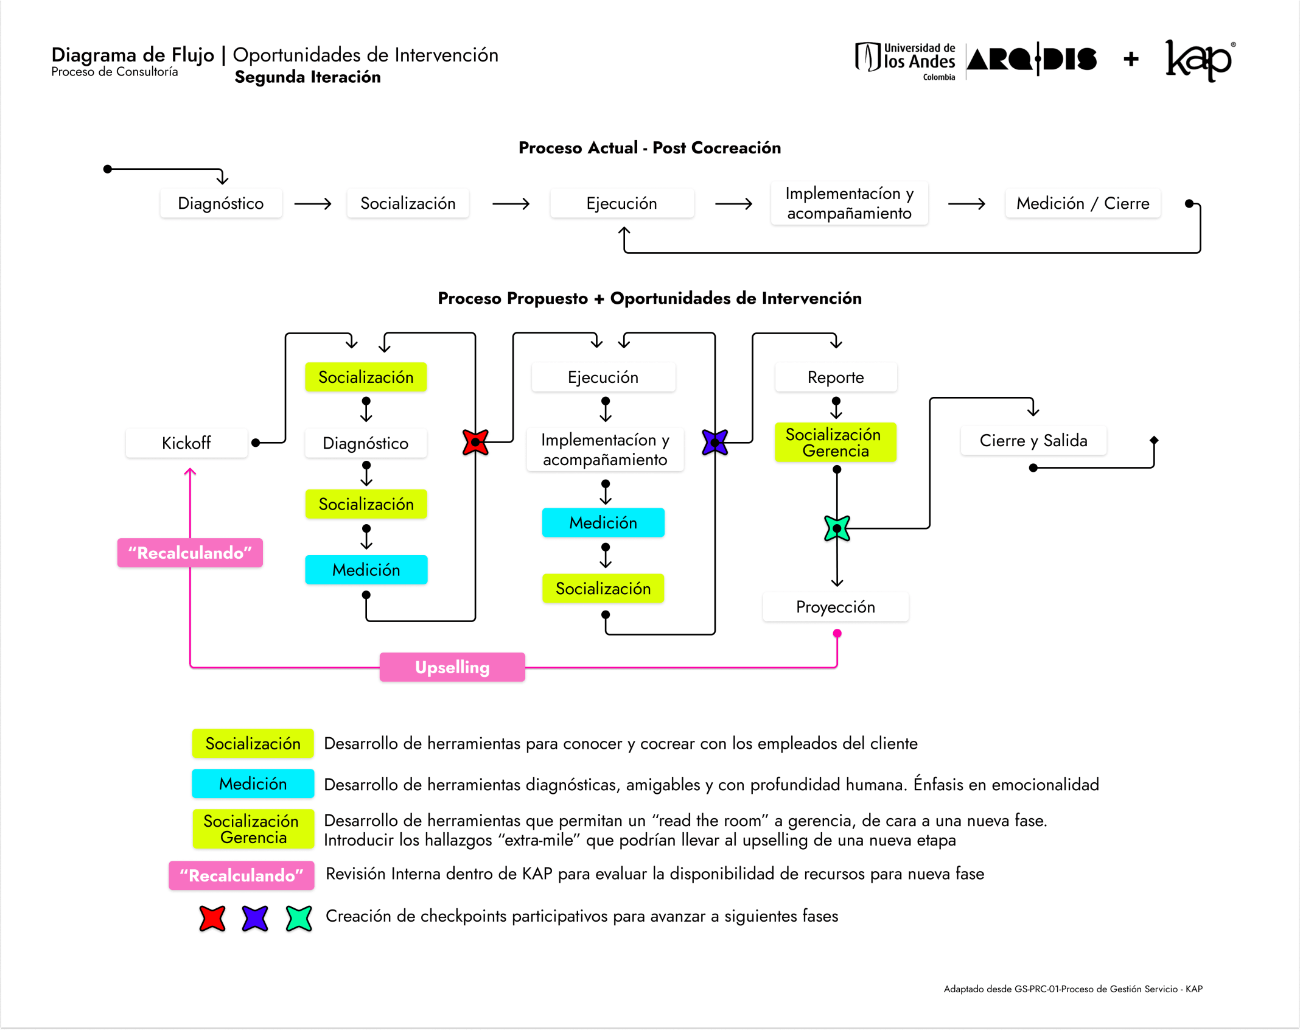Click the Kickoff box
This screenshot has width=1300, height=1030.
pos(186,443)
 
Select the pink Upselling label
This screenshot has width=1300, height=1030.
pos(452,667)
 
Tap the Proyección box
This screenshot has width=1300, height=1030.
pos(836,607)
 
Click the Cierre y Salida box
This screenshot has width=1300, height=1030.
pos(1033,441)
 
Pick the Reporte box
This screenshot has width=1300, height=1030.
pos(836,377)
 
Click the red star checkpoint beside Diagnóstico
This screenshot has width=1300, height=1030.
pos(475,443)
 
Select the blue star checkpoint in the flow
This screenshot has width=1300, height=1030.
pos(715,443)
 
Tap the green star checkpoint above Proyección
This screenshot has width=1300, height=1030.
pos(837,528)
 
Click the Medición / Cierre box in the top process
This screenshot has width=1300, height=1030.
pos(1083,203)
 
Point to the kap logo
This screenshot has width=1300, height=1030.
pos(1198,60)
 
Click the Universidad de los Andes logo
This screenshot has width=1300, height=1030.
pos(906,60)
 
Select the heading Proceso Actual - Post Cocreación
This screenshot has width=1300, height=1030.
pos(649,148)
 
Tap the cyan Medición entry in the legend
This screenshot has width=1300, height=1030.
pos(253,783)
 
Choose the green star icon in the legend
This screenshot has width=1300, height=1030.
pos(299,918)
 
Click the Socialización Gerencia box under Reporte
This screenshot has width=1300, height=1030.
pos(836,443)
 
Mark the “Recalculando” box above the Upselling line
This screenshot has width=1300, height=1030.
pos(190,553)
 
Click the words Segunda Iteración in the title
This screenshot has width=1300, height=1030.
pos(307,77)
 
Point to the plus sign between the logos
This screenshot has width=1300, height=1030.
pos(1131,59)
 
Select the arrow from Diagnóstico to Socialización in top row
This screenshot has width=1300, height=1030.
pos(313,203)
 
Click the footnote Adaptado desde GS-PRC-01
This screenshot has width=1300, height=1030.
pos(1072,989)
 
